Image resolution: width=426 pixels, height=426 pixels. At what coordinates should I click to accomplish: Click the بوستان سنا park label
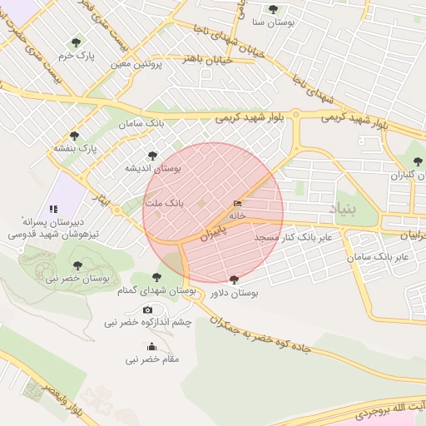pos(272,23)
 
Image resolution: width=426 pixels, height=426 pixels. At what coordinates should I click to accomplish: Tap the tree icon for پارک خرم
pos(77,42)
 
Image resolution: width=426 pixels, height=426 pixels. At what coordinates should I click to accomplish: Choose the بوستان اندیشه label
pos(152,167)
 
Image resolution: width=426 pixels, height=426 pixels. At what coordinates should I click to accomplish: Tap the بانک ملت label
pos(163,203)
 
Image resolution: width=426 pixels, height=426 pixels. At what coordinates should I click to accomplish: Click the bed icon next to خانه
pos(239,203)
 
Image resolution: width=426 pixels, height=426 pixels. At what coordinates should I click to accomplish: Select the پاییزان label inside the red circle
pos(213,233)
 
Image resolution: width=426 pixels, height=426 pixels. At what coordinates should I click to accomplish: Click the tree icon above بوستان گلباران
pos(418,161)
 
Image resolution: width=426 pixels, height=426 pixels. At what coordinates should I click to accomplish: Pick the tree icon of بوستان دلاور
pos(233,280)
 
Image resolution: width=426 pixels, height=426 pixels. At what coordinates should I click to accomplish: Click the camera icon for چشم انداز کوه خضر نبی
pos(148,310)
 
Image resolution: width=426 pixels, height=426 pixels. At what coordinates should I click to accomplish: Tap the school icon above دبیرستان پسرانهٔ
pos(52,209)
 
